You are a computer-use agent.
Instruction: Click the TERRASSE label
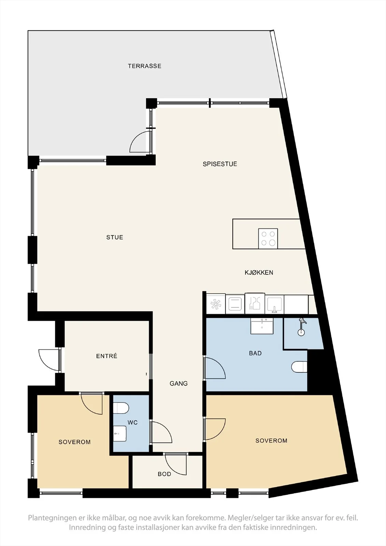pyautogui.click(x=145, y=66)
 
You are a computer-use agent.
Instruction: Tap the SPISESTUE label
pyautogui.click(x=220, y=164)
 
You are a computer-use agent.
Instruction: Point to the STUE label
pyautogui.click(x=115, y=237)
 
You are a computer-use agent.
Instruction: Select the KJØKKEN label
pyautogui.click(x=259, y=273)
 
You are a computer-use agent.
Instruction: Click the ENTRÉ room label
pyautogui.click(x=107, y=356)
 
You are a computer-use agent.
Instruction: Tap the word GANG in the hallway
pyautogui.click(x=179, y=384)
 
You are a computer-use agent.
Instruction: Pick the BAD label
pyautogui.click(x=255, y=353)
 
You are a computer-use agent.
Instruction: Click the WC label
pyautogui.click(x=133, y=422)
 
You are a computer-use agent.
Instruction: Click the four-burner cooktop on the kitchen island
pyautogui.click(x=268, y=239)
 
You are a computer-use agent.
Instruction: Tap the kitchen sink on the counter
pyautogui.click(x=274, y=304)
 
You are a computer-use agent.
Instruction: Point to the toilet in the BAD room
pyautogui.click(x=299, y=367)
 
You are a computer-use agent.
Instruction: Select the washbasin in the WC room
pyautogui.click(x=120, y=434)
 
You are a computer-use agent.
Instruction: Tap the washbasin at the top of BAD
pyautogui.click(x=262, y=326)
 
